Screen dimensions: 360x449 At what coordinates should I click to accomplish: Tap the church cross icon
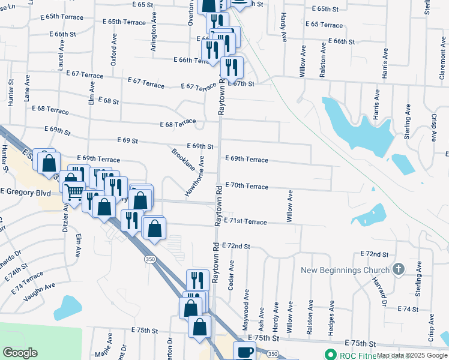(397, 269)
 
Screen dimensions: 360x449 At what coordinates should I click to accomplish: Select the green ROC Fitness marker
(328, 355)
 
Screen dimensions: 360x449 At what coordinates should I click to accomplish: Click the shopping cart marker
(73, 193)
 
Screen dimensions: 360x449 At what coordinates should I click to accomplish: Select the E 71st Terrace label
(245, 221)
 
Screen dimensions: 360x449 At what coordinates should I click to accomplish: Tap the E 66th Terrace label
(190, 60)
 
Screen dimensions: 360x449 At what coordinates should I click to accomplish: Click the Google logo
(20, 353)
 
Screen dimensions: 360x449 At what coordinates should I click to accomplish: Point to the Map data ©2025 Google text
(412, 355)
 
